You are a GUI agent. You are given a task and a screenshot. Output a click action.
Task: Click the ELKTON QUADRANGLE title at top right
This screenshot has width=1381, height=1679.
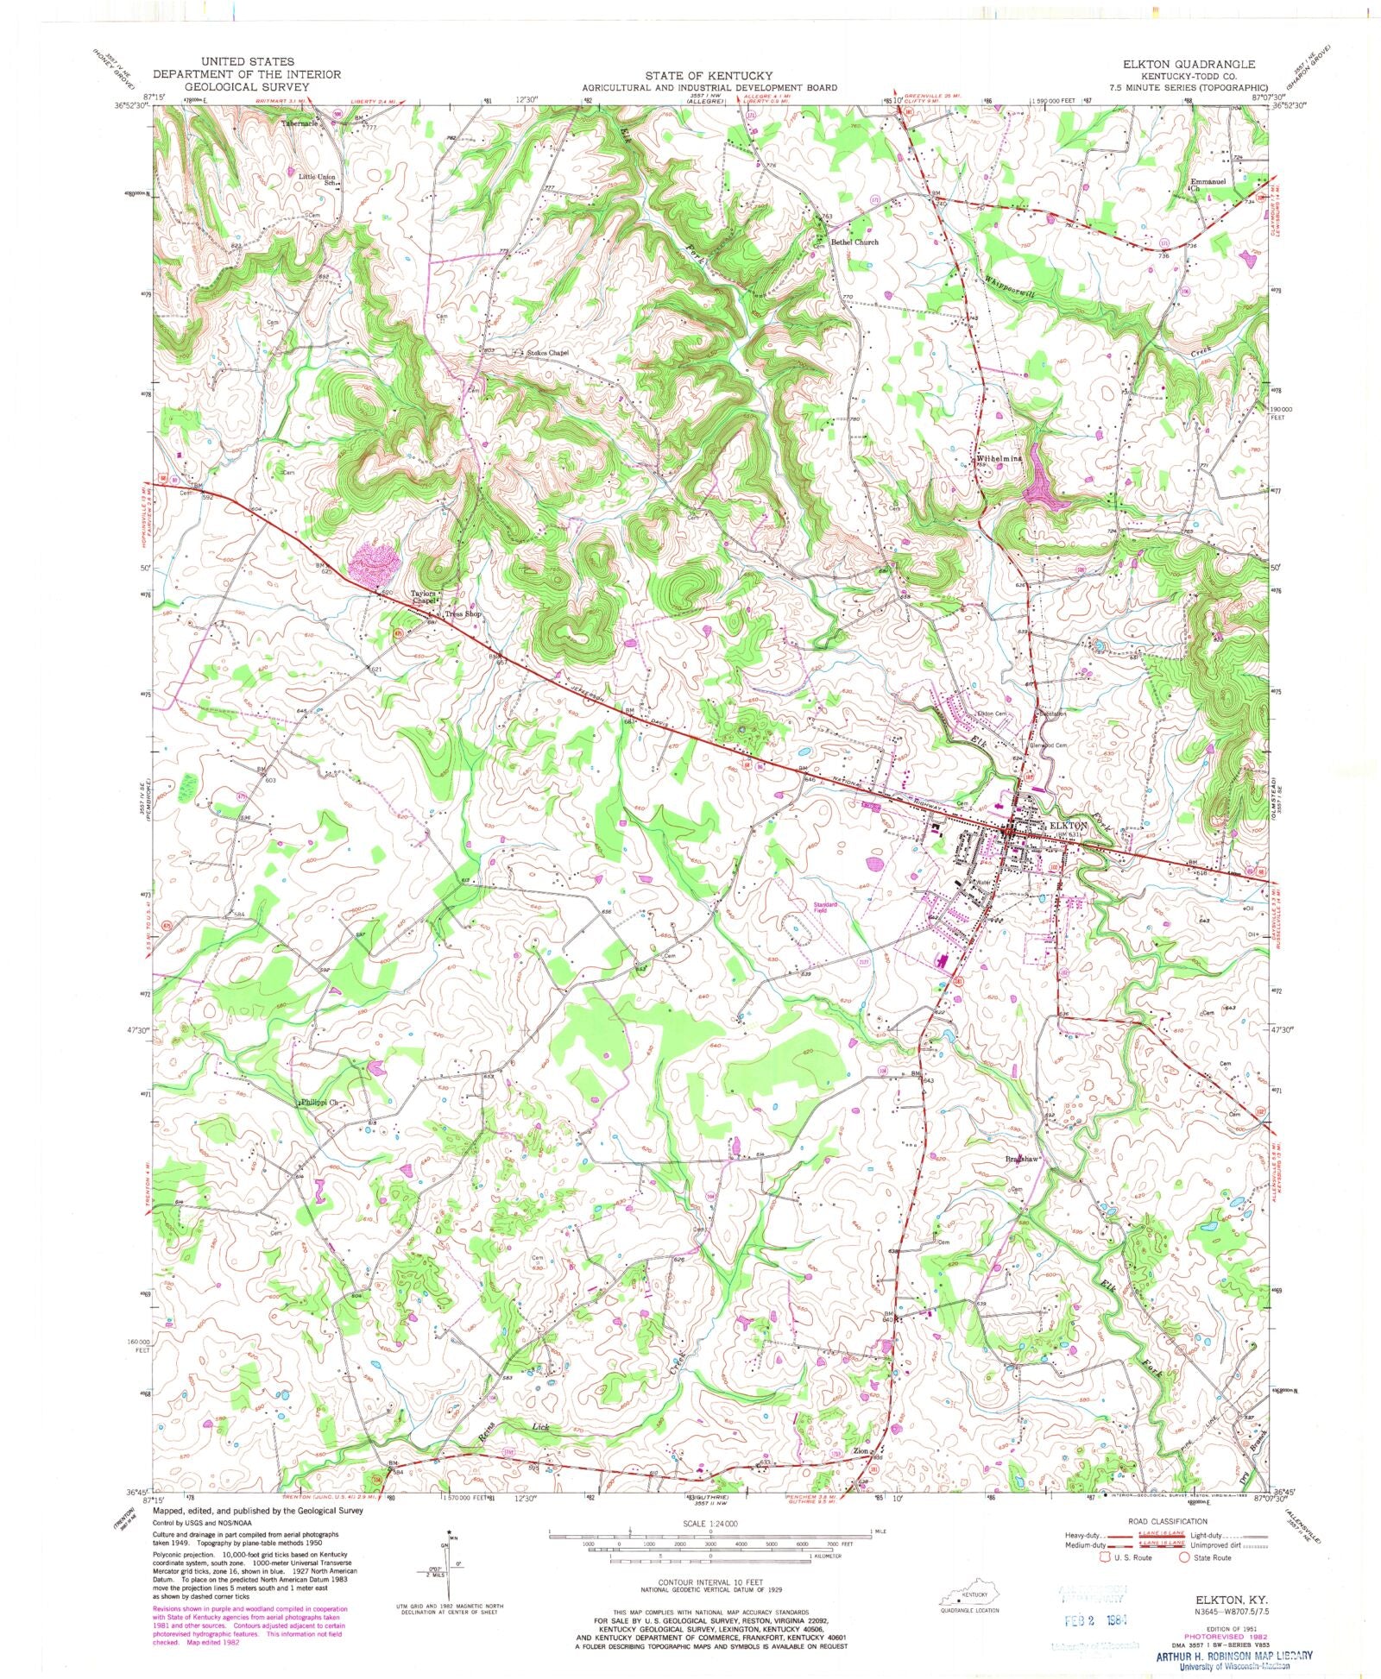click(x=1189, y=65)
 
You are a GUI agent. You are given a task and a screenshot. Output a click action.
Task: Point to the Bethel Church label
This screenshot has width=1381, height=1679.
click(x=854, y=242)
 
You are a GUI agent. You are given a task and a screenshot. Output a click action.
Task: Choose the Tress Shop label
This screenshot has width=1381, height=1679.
click(x=462, y=614)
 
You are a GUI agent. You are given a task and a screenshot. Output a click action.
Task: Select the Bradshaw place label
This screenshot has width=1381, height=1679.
click(x=1025, y=1159)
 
